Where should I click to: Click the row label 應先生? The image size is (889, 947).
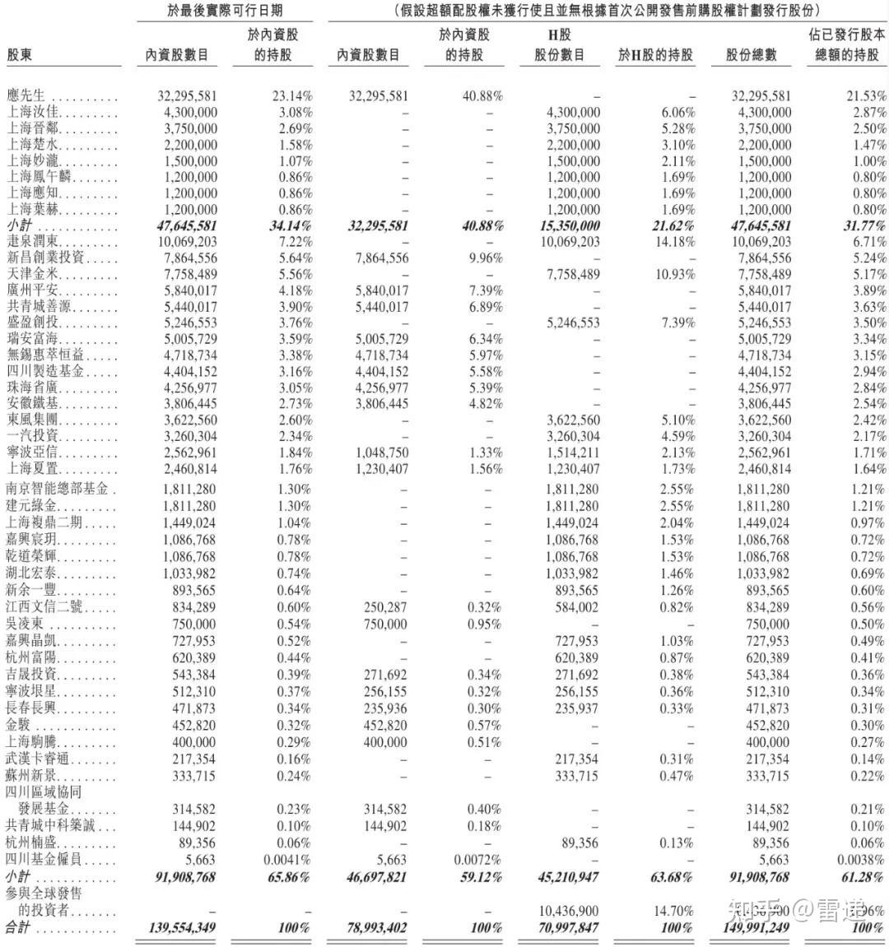[26, 95]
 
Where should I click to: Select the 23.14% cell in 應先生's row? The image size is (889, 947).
[291, 95]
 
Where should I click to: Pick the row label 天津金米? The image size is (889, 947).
[33, 274]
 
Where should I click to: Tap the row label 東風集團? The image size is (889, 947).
[33, 420]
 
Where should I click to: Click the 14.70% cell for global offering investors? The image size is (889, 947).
[674, 912]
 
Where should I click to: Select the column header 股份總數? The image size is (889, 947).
[752, 55]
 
